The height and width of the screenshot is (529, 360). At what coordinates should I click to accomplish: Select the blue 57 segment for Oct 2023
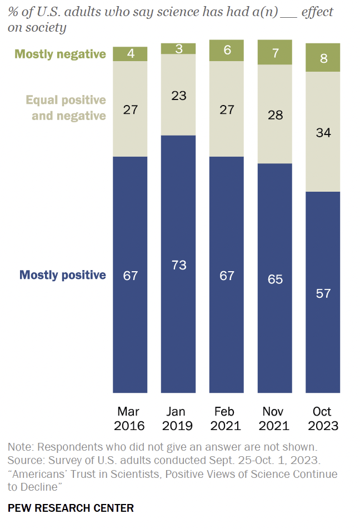coord(323,292)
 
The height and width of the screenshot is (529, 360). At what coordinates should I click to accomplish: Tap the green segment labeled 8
coord(323,57)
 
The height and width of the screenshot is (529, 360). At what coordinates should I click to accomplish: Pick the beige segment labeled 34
coord(323,132)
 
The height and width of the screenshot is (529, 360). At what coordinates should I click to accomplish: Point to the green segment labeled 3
coord(178,48)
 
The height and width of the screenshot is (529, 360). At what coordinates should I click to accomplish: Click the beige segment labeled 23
coord(178,94)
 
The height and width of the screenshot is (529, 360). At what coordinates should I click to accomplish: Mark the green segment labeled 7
coord(274,52)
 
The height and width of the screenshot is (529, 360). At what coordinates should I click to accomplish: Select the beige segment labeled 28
coord(274,114)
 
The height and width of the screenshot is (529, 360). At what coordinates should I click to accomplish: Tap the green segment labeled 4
coord(130,54)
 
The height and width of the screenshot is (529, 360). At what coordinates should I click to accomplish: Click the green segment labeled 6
coord(226,50)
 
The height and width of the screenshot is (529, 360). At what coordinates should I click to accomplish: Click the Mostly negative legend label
coord(60,54)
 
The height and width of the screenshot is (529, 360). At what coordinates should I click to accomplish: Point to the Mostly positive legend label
coord(62,275)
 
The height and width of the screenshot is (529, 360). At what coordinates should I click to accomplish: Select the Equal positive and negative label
coord(66,108)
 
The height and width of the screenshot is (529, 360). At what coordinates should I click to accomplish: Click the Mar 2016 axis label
coord(129,419)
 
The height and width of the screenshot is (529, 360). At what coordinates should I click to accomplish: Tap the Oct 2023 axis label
coord(322,419)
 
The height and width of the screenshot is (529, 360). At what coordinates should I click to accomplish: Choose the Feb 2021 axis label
coord(226,419)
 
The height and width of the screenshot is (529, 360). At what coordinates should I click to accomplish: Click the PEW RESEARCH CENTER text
coord(71,508)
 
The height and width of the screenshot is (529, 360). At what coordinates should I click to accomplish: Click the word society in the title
coord(46,27)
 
